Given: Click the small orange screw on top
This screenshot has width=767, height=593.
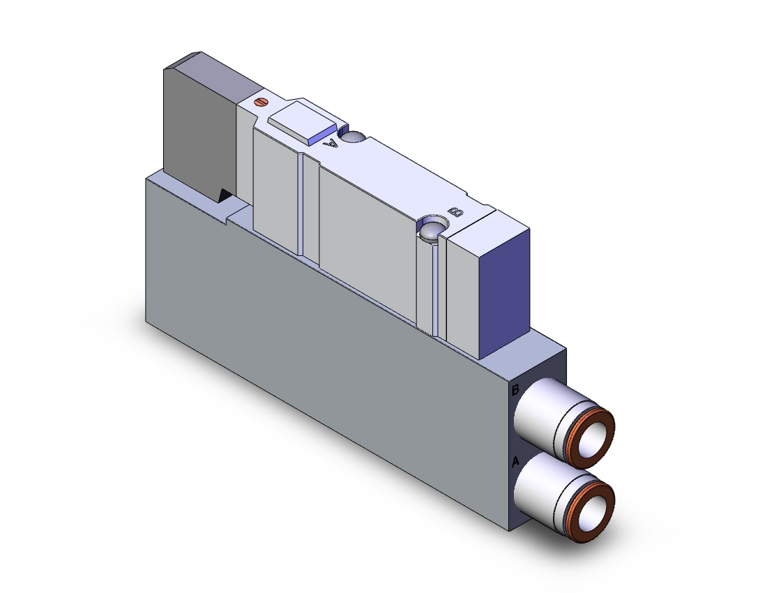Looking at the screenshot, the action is pyautogui.click(x=261, y=103).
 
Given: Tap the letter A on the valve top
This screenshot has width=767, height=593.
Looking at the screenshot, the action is pyautogui.click(x=331, y=142).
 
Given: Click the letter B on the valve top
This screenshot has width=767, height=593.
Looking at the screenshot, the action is pyautogui.click(x=456, y=211).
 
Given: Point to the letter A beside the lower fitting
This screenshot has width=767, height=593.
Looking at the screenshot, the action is pyautogui.click(x=515, y=461).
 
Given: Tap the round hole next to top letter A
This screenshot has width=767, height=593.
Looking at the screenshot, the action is pyautogui.click(x=354, y=137).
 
